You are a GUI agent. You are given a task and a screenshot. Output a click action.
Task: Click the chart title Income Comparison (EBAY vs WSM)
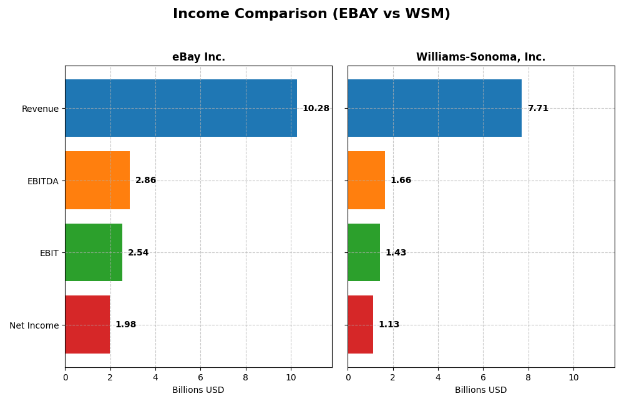click(311, 14)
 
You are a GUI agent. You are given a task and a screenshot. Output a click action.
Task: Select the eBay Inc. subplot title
click(198, 57)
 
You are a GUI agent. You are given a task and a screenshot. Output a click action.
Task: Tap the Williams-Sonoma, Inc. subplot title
click(480, 57)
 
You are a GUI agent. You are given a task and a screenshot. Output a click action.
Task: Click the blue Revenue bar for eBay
click(181, 108)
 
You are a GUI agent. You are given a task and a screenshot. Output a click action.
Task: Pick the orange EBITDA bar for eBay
click(97, 181)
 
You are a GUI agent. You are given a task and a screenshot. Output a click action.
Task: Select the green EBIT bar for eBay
click(94, 252)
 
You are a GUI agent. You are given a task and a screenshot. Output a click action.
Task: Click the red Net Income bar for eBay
click(87, 325)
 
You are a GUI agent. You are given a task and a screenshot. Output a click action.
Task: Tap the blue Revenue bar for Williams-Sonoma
click(434, 108)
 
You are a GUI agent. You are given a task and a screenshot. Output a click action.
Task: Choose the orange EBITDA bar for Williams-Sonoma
click(366, 181)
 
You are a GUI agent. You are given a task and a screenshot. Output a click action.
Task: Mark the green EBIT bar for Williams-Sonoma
click(364, 252)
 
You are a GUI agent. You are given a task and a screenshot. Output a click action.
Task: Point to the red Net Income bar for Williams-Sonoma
click(361, 325)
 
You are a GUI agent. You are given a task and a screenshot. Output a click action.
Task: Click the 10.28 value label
click(316, 109)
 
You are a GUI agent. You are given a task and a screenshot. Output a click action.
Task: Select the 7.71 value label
click(538, 109)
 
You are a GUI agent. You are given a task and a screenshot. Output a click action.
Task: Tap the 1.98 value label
click(125, 325)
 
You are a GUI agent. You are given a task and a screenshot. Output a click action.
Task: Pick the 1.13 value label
click(389, 325)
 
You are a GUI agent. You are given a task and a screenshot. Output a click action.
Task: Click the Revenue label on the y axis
click(40, 109)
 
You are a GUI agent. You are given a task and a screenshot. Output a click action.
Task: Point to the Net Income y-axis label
click(34, 325)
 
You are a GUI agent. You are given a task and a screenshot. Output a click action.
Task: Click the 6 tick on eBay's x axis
click(200, 377)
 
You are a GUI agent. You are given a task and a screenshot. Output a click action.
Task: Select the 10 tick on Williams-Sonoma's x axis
click(573, 377)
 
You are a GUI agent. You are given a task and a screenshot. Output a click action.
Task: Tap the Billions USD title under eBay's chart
click(198, 390)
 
